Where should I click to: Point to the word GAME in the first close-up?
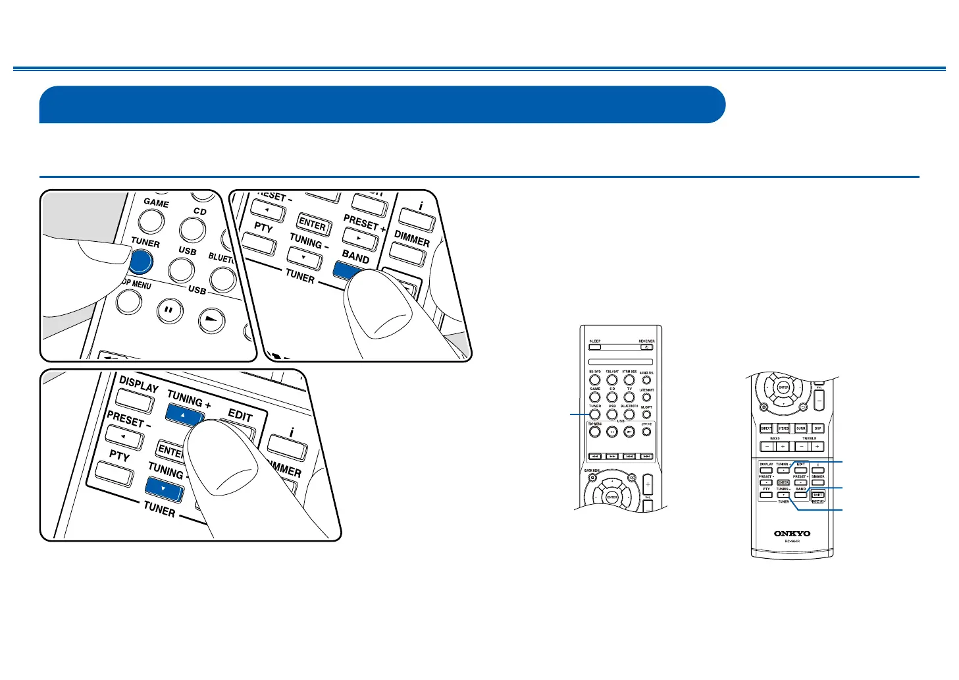(x=156, y=203)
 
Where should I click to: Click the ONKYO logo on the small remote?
(x=792, y=533)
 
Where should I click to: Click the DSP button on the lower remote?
(x=818, y=428)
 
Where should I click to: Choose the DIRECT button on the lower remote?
(x=766, y=428)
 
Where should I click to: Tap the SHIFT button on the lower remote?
(x=818, y=495)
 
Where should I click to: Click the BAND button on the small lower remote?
(x=800, y=494)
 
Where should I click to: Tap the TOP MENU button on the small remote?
(x=595, y=432)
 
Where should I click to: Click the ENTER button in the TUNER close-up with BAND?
(x=313, y=224)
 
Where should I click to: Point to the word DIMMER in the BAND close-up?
(x=411, y=237)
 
